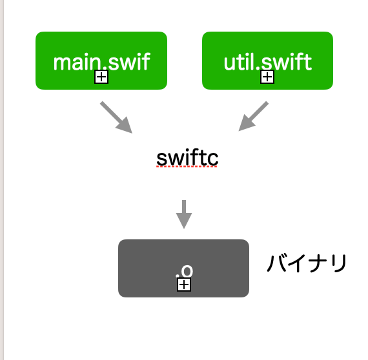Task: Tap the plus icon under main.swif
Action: point(101,77)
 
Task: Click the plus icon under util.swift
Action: point(267,77)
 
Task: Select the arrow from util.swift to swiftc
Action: point(254,116)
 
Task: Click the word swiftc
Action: point(187,157)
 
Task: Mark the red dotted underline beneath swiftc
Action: point(187,166)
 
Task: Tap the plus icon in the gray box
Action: point(184,285)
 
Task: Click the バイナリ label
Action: point(307,264)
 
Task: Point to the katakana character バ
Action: point(278,264)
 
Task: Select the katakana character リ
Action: point(339,264)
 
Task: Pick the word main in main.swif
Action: point(72,63)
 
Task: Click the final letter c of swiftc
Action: point(212,158)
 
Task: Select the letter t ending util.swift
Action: point(308,63)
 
